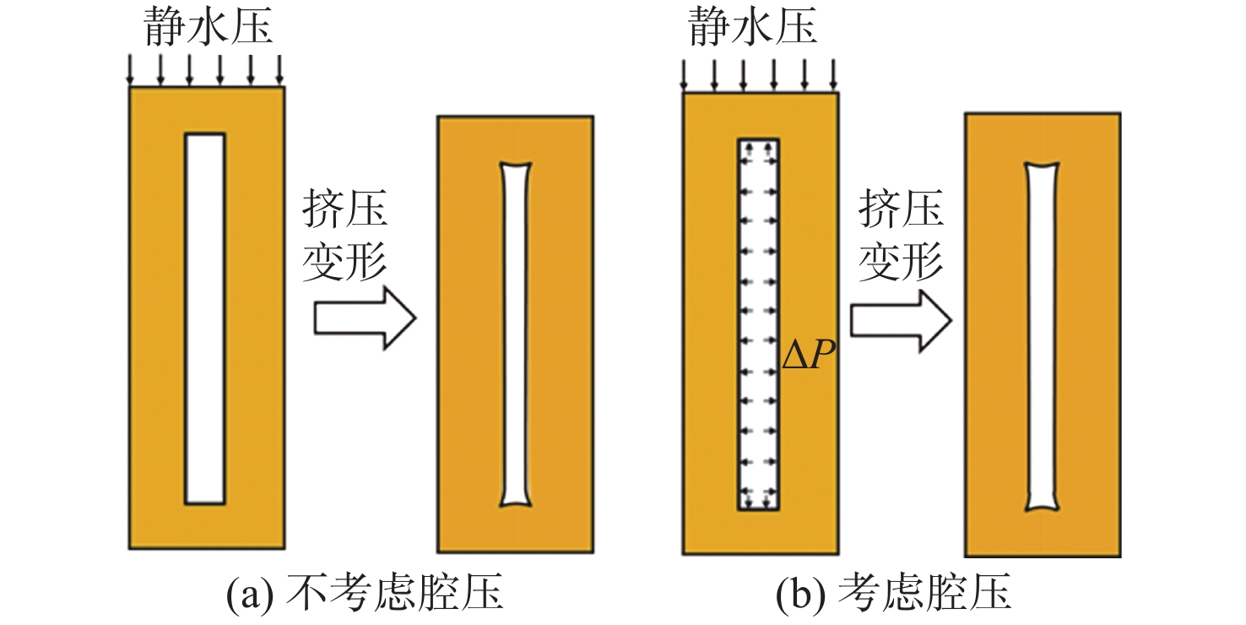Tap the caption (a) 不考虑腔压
tap(365, 595)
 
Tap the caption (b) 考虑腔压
tap(894, 595)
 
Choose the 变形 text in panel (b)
tap(901, 261)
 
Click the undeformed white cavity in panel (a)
tap(205, 318)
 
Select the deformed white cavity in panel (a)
tap(516, 334)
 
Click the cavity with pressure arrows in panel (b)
tap(759, 324)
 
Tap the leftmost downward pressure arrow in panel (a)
tap(130, 69)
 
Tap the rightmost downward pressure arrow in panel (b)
tap(833, 73)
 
